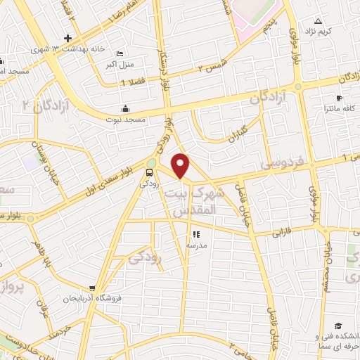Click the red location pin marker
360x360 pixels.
click(x=181, y=164)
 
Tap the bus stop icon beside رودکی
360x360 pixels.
click(x=149, y=172)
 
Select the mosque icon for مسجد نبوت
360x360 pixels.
click(x=126, y=108)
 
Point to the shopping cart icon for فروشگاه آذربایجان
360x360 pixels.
click(x=92, y=288)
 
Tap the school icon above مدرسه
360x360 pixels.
click(x=195, y=234)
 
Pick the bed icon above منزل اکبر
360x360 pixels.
click(x=120, y=54)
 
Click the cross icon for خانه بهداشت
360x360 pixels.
click(x=67, y=38)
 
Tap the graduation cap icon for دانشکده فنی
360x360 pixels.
click(x=338, y=326)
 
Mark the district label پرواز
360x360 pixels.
click(x=13, y=288)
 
